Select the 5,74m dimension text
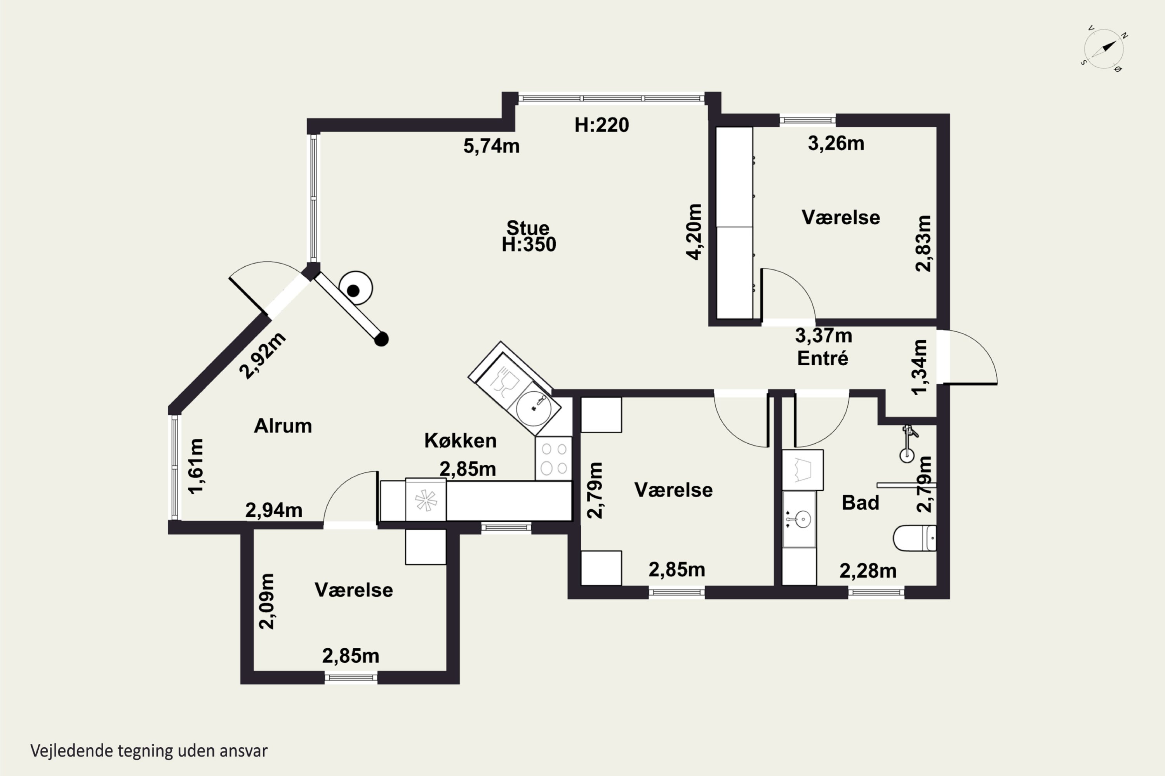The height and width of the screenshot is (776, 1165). click(491, 146)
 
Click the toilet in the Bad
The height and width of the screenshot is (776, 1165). click(915, 538)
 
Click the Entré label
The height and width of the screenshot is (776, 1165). click(822, 358)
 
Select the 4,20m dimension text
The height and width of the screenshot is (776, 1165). click(694, 232)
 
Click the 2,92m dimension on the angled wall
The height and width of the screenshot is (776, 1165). click(263, 355)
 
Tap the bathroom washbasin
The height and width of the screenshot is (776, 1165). click(799, 519)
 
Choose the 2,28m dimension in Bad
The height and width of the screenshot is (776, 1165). click(868, 571)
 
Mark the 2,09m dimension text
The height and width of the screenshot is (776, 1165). click(267, 601)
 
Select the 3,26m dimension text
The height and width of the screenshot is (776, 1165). click(836, 144)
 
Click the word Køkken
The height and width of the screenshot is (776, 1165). click(461, 441)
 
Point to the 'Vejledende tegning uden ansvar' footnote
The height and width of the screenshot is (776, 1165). click(149, 750)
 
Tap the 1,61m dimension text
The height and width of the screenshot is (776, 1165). click(196, 466)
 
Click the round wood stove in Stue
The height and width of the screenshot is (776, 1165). click(355, 288)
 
